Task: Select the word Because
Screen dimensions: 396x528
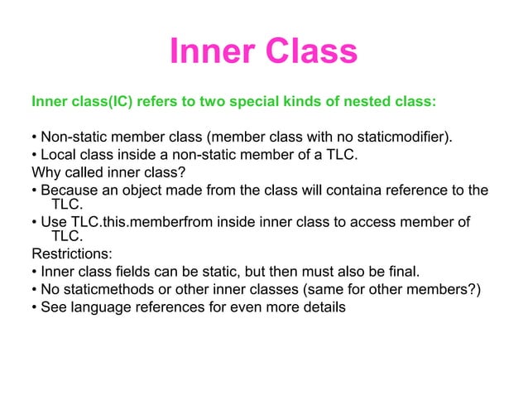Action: tap(71, 191)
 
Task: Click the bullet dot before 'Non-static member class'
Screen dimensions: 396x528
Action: tap(34, 137)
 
